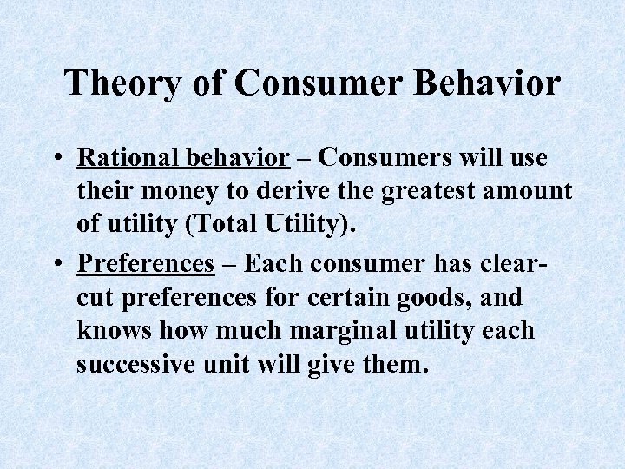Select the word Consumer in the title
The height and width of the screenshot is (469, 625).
(x=321, y=84)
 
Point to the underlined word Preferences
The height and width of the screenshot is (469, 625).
(x=145, y=263)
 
